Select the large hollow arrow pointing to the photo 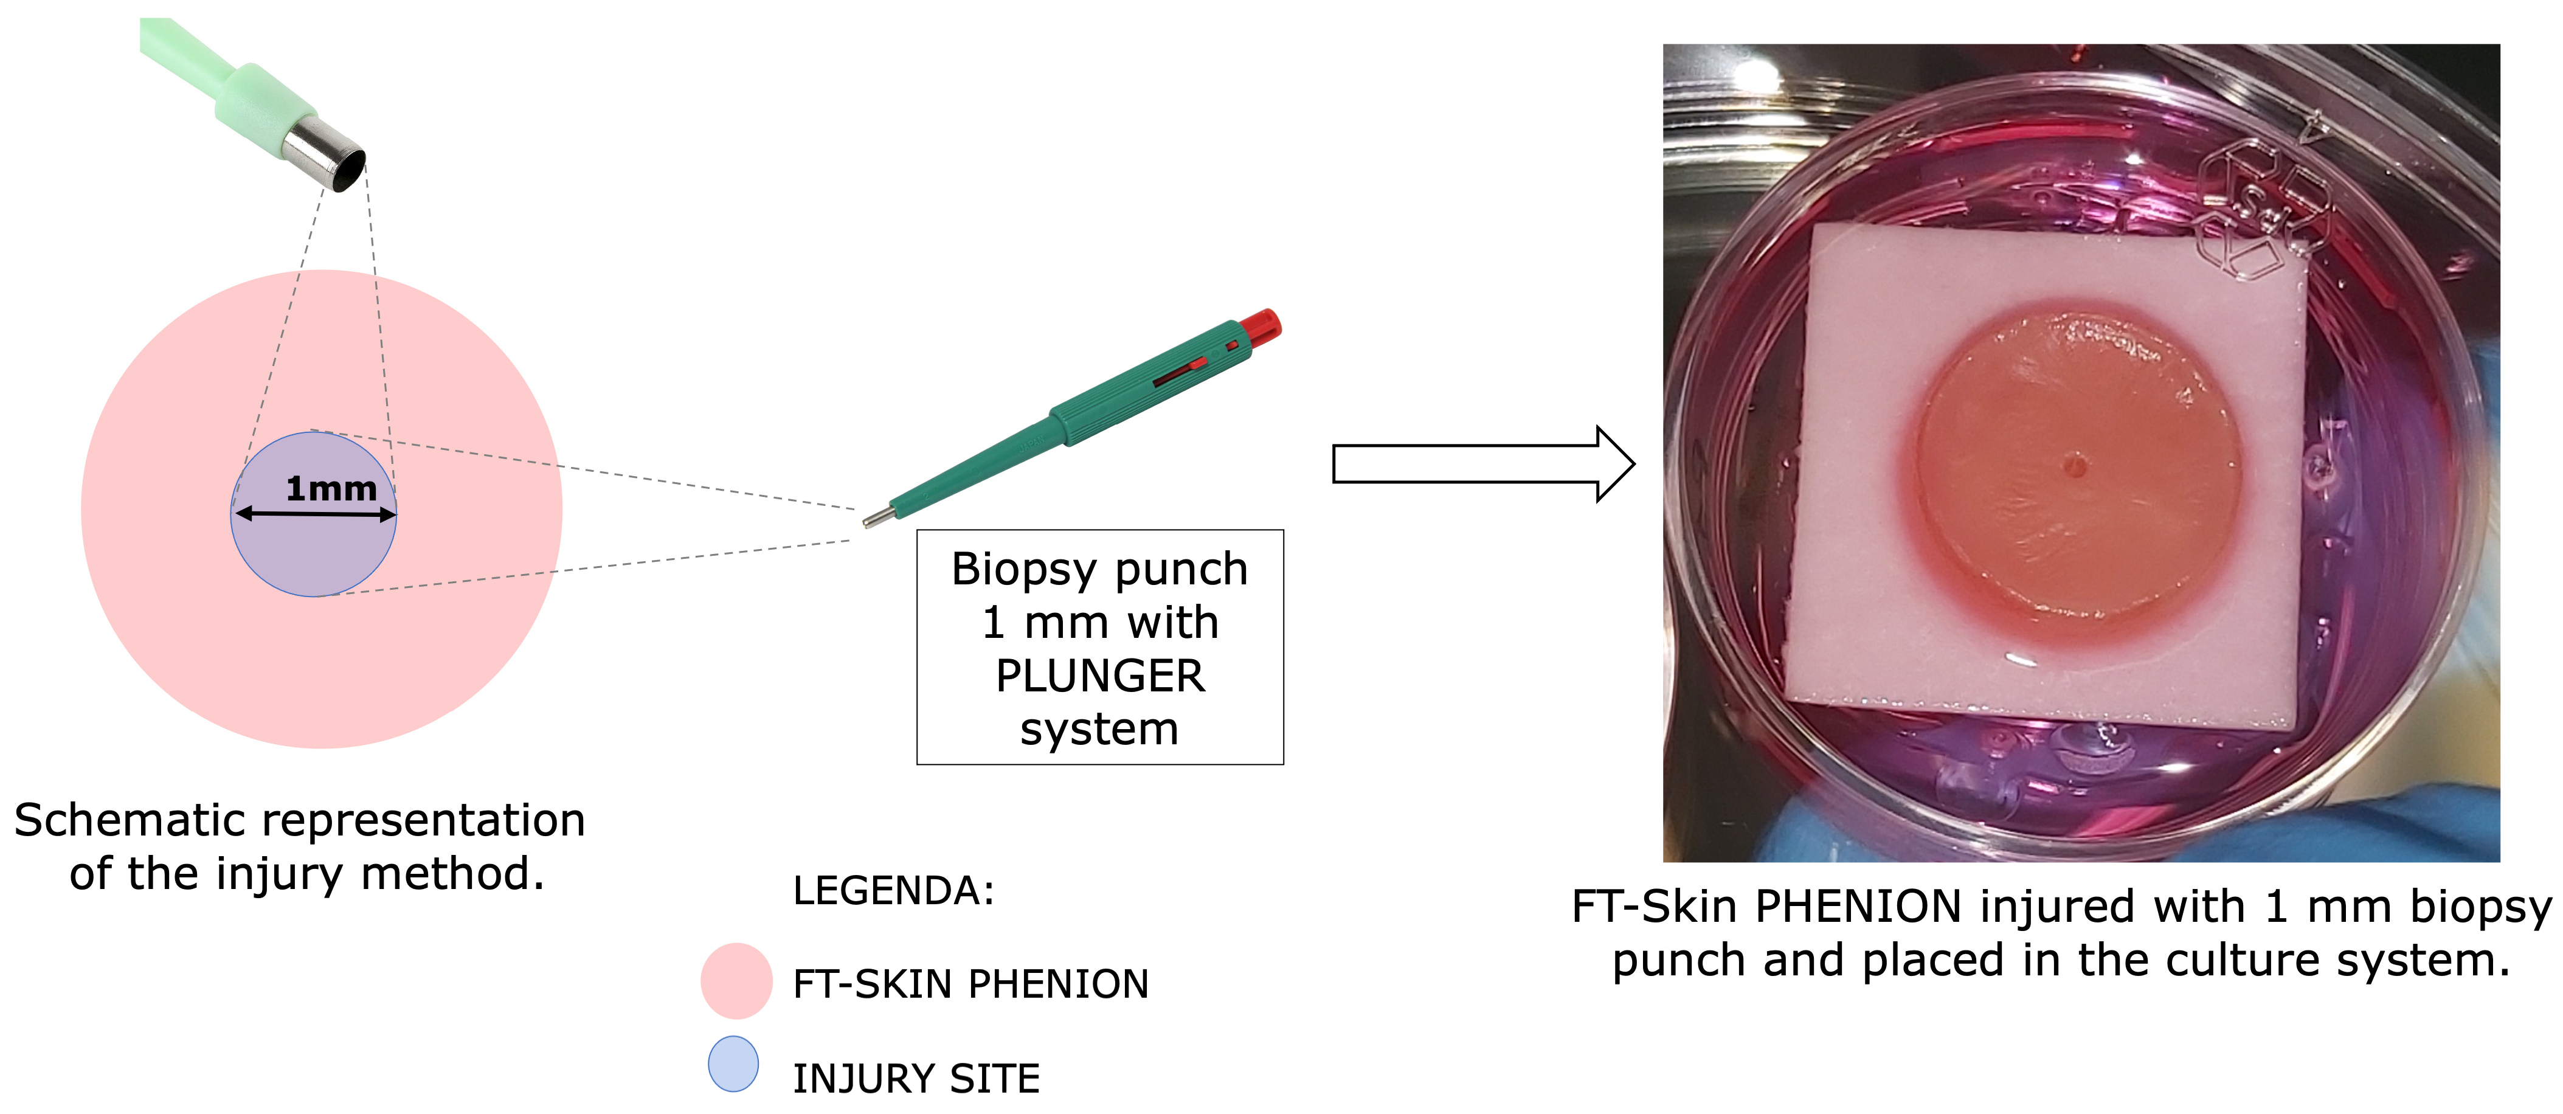pos(1482,463)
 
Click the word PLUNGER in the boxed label pos(1099,676)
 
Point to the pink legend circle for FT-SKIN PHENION pos(736,981)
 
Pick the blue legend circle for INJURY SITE pos(733,1064)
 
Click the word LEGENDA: pos(893,890)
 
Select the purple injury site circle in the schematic pos(313,552)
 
